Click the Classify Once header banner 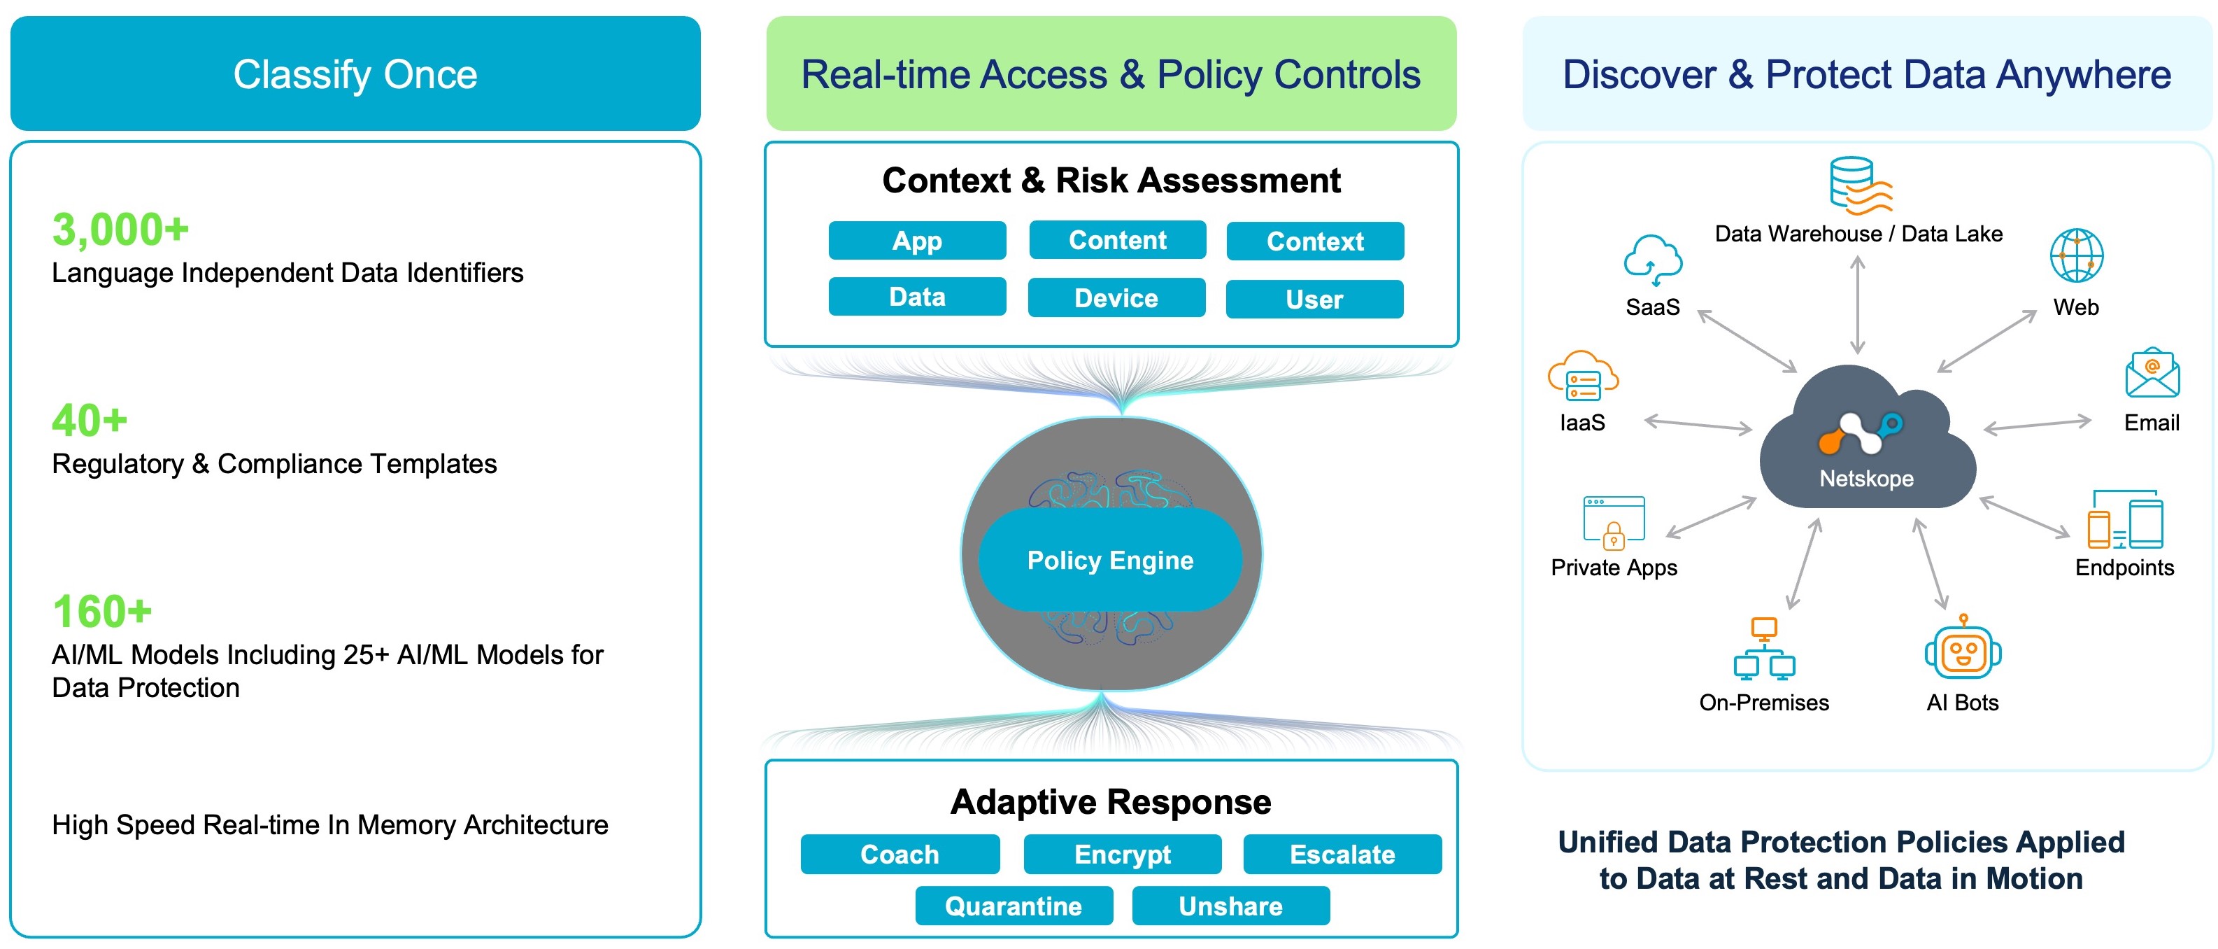tap(355, 74)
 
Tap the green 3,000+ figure tap(120, 230)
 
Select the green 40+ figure tap(90, 421)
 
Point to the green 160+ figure tap(101, 612)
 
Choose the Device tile tap(1116, 298)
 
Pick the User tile tap(1314, 300)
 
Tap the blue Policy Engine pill tap(1110, 561)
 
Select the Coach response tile tap(900, 855)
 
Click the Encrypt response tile tap(1122, 855)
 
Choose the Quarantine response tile tap(1014, 906)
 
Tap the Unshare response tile tap(1230, 906)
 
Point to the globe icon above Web tap(2076, 255)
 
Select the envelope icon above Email tap(2152, 373)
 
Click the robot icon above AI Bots tap(1963, 649)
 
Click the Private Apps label tap(1614, 568)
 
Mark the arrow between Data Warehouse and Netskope tap(1858, 306)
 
